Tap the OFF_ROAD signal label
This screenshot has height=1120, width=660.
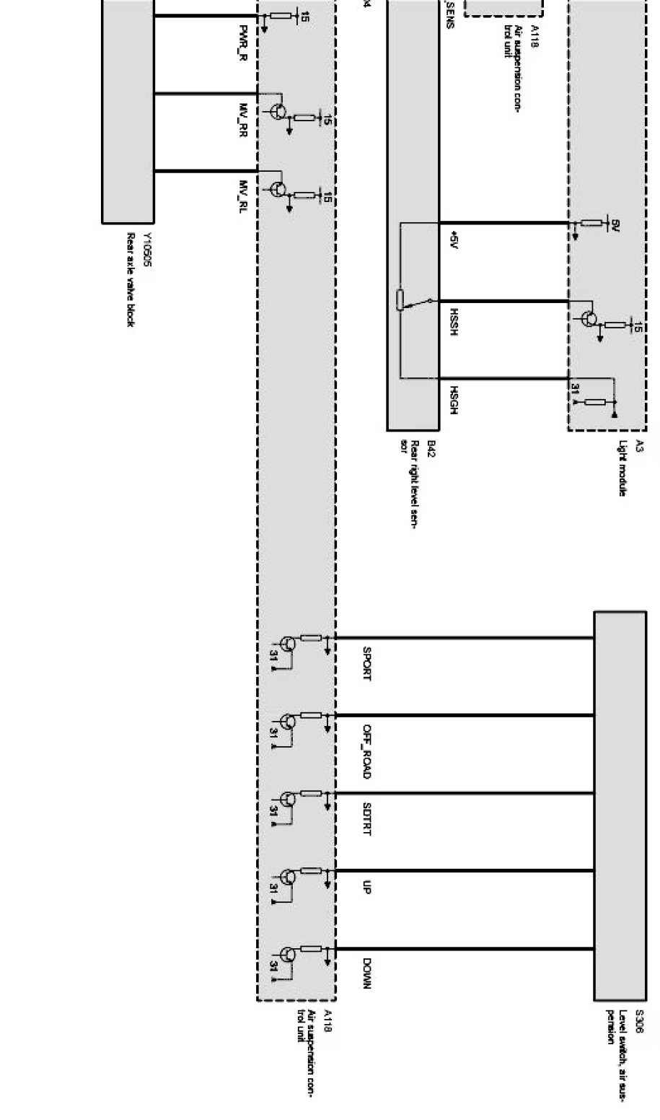tap(367, 751)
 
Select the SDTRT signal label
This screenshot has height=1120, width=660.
tap(367, 818)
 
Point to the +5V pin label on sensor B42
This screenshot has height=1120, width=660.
tap(453, 240)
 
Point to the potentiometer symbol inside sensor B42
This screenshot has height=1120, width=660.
tap(400, 299)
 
